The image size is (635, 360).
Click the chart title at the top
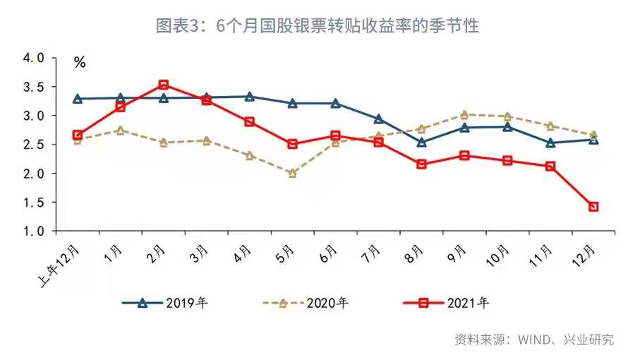pos(317,26)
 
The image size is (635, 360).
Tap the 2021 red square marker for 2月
pos(164,85)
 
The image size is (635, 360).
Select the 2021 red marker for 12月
pos(594,207)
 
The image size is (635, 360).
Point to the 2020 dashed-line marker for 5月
pos(293,172)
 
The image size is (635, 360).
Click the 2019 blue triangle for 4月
pos(250,96)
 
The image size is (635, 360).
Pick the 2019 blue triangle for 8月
pos(422,142)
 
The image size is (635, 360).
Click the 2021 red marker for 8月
pos(422,164)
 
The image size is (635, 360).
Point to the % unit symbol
pos(80,63)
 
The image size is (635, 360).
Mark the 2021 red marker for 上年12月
pos(78,135)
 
